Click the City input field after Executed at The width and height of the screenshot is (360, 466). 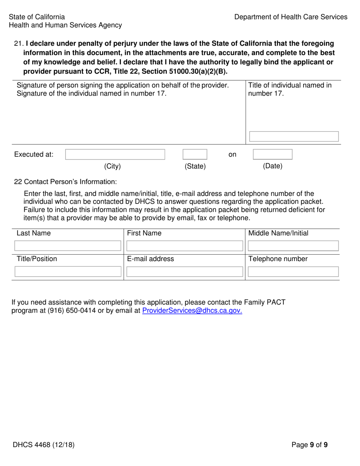coord(115,154)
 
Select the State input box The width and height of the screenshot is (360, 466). coord(195,154)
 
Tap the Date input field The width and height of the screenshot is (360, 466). coord(272,154)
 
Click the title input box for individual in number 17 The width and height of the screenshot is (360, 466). coord(293,137)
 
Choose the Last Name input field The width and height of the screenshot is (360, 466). coord(67,246)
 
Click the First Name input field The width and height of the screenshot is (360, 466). coord(184,246)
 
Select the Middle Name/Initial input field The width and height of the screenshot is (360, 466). coord(293,246)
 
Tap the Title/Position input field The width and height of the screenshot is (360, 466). coord(67,272)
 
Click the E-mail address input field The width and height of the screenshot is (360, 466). coord(184,272)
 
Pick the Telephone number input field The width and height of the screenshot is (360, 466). coord(293,272)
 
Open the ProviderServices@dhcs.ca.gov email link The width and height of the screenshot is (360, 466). coord(192,311)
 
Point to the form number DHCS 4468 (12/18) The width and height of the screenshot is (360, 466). coord(43,445)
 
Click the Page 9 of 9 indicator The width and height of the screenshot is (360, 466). coord(310,445)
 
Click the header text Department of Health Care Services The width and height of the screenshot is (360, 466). coord(291,17)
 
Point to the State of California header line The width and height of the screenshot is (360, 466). coord(37,17)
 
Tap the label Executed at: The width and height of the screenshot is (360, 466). coord(34,155)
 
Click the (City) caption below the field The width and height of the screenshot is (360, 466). coord(112,166)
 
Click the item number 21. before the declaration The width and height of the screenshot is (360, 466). coord(19,44)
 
